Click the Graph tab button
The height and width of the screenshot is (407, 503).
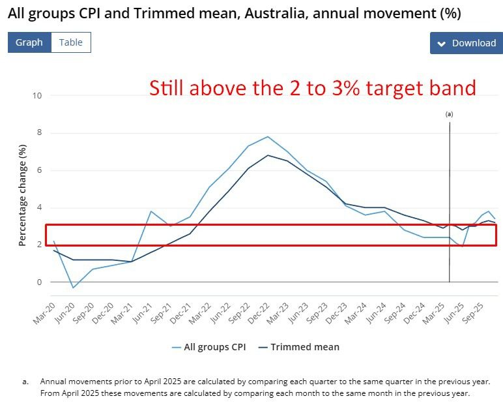tap(29, 42)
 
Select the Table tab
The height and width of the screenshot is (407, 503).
tap(71, 42)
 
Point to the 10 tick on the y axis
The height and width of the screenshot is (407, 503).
tap(37, 96)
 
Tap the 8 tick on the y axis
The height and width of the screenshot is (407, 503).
tap(39, 133)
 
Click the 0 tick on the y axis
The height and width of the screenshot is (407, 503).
tap(39, 282)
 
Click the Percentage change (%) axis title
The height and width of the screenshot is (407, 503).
tap(23, 196)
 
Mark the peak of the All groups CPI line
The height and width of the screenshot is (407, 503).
tap(268, 136)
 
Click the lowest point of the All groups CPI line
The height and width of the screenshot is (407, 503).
tap(74, 288)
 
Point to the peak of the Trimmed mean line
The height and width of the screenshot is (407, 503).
tap(268, 155)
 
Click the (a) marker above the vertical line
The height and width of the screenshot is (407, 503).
tap(449, 113)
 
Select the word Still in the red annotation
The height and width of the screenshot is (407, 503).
tap(169, 88)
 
